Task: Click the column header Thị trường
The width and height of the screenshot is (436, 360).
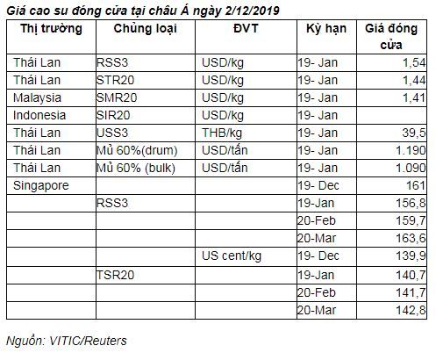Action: pyautogui.click(x=51, y=29)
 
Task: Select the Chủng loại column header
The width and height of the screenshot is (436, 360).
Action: pyautogui.click(x=146, y=29)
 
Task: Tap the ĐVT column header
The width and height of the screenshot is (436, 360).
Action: pyautogui.click(x=246, y=28)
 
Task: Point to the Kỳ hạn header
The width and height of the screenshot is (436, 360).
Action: pyautogui.click(x=326, y=29)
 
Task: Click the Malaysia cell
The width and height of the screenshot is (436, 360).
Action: pyautogui.click(x=37, y=98)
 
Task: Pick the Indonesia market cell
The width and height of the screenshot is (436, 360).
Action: pyautogui.click(x=39, y=115)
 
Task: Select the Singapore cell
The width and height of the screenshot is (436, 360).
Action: pyautogui.click(x=41, y=186)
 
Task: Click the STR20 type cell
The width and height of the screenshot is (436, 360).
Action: pyautogui.click(x=115, y=80)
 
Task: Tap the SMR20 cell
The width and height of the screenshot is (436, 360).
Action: pyautogui.click(x=117, y=97)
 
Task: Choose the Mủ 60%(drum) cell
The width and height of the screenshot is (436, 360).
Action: pyautogui.click(x=137, y=151)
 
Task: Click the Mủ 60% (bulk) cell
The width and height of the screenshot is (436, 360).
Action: pyautogui.click(x=136, y=169)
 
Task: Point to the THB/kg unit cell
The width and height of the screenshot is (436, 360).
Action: pyautogui.click(x=222, y=133)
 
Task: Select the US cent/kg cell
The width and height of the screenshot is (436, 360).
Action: pyautogui.click(x=232, y=256)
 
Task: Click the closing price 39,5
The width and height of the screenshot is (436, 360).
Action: pyautogui.click(x=414, y=133)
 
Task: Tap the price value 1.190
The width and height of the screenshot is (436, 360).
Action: pyautogui.click(x=411, y=150)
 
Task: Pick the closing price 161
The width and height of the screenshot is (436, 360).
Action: pyautogui.click(x=416, y=185)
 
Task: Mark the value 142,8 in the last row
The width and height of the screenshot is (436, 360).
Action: pyautogui.click(x=411, y=311)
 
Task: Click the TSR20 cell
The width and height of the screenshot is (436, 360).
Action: pyautogui.click(x=115, y=275)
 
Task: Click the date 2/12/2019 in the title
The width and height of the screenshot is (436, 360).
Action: pyautogui.click(x=253, y=11)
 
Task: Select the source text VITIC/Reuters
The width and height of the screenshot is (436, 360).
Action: pyautogui.click(x=88, y=341)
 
